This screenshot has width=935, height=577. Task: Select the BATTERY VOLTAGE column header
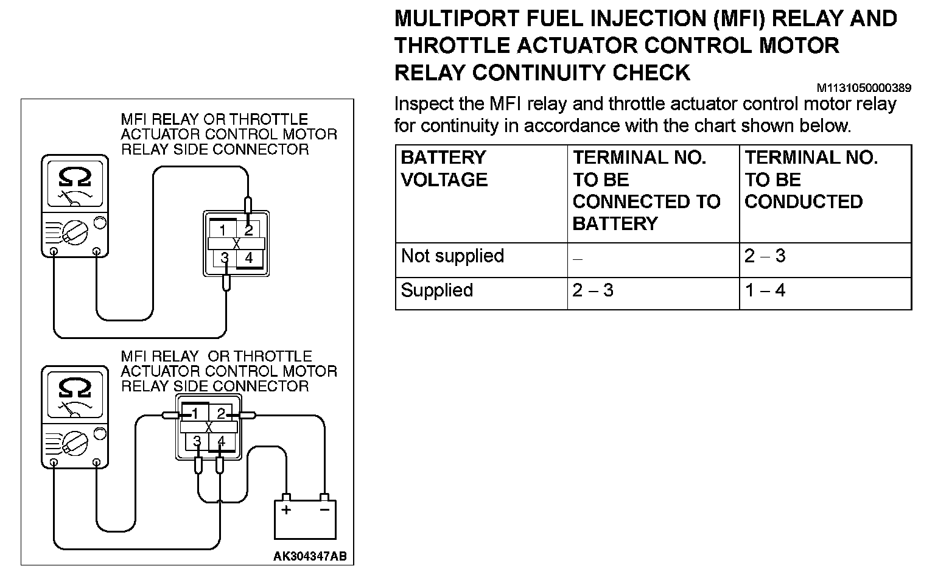(444, 169)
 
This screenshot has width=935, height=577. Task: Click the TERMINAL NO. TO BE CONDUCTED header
(811, 180)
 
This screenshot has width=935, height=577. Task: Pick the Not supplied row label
(452, 256)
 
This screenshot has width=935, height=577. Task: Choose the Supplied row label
(436, 290)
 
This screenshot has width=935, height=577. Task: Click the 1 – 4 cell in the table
(765, 290)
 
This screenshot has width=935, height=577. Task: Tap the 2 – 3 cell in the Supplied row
(593, 290)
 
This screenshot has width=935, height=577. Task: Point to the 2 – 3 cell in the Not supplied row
(765, 256)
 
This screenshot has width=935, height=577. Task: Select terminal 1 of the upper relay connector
(223, 230)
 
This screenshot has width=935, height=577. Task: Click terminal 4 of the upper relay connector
(248, 258)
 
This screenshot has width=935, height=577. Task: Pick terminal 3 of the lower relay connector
(197, 441)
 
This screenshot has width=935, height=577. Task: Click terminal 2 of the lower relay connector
(222, 414)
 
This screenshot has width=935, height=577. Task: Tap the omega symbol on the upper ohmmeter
(75, 177)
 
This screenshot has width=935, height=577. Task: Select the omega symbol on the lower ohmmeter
(75, 388)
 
